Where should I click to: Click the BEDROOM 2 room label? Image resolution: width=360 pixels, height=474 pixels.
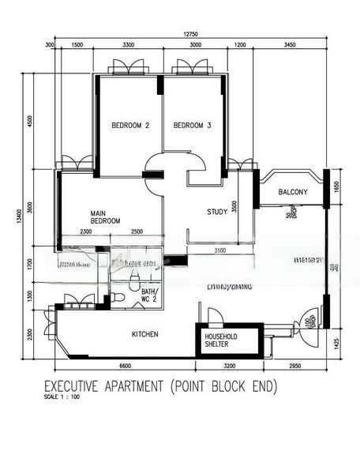(x=130, y=126)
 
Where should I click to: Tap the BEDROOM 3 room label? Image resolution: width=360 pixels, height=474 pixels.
(x=193, y=126)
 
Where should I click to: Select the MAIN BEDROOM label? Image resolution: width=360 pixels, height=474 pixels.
(x=105, y=216)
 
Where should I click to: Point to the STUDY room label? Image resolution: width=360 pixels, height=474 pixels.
(x=217, y=212)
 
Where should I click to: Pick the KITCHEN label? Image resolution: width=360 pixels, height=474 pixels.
(x=144, y=334)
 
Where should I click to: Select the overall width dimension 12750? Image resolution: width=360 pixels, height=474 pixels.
(x=190, y=34)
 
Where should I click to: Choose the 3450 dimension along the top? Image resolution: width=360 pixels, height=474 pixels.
(x=289, y=46)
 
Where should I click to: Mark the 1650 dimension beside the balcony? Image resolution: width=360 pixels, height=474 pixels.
(x=336, y=186)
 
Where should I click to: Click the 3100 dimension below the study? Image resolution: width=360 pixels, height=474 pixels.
(x=219, y=250)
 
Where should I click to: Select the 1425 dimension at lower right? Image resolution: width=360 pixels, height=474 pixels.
(x=336, y=343)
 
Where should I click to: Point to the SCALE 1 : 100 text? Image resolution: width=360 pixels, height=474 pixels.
(x=62, y=397)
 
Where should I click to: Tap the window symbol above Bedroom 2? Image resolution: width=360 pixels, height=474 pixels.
(x=129, y=68)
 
